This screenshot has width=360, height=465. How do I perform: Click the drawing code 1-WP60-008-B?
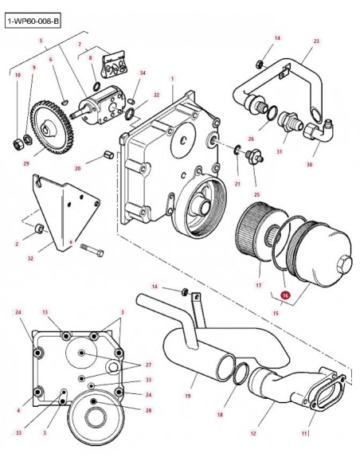pyautogui.click(x=33, y=21)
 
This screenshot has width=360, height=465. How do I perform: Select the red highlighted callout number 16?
pyautogui.click(x=285, y=295)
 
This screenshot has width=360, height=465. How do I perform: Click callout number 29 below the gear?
pyautogui.click(x=26, y=163)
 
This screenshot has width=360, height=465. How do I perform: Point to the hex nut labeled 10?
pyautogui.click(x=18, y=143)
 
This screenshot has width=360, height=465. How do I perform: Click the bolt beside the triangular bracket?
pyautogui.click(x=92, y=250)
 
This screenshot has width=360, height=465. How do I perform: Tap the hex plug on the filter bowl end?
pyautogui.click(x=344, y=263)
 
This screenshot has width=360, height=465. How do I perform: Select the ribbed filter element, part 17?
pyautogui.click(x=257, y=233)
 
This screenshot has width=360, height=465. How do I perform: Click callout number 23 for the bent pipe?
pyautogui.click(x=316, y=41)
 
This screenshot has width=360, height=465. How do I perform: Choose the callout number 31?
pyautogui.click(x=279, y=151)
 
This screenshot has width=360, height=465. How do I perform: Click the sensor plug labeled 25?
pyautogui.click(x=254, y=156)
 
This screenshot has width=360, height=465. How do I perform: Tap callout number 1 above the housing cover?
pyautogui.click(x=172, y=79)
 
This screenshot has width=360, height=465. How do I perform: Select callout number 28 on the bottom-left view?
pyautogui.click(x=149, y=410)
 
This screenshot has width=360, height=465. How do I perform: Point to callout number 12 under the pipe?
pyautogui.click(x=253, y=434)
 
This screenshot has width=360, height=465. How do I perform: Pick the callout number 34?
pyautogui.click(x=143, y=73)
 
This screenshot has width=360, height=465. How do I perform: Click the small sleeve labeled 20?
pyautogui.click(x=109, y=154)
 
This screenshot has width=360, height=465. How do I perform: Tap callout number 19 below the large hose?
pyautogui.click(x=188, y=396)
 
